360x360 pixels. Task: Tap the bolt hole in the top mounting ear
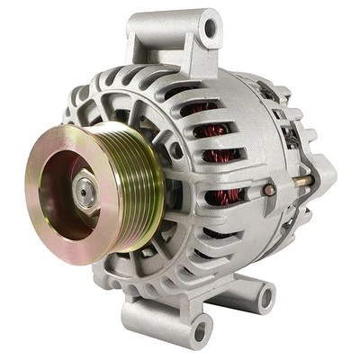(x=209, y=29)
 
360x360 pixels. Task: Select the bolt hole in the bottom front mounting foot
(x=201, y=330)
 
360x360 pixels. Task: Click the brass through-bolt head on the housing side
(x=269, y=191)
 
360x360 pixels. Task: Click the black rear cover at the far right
(x=310, y=180)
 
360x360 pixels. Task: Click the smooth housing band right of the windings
(x=261, y=144)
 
